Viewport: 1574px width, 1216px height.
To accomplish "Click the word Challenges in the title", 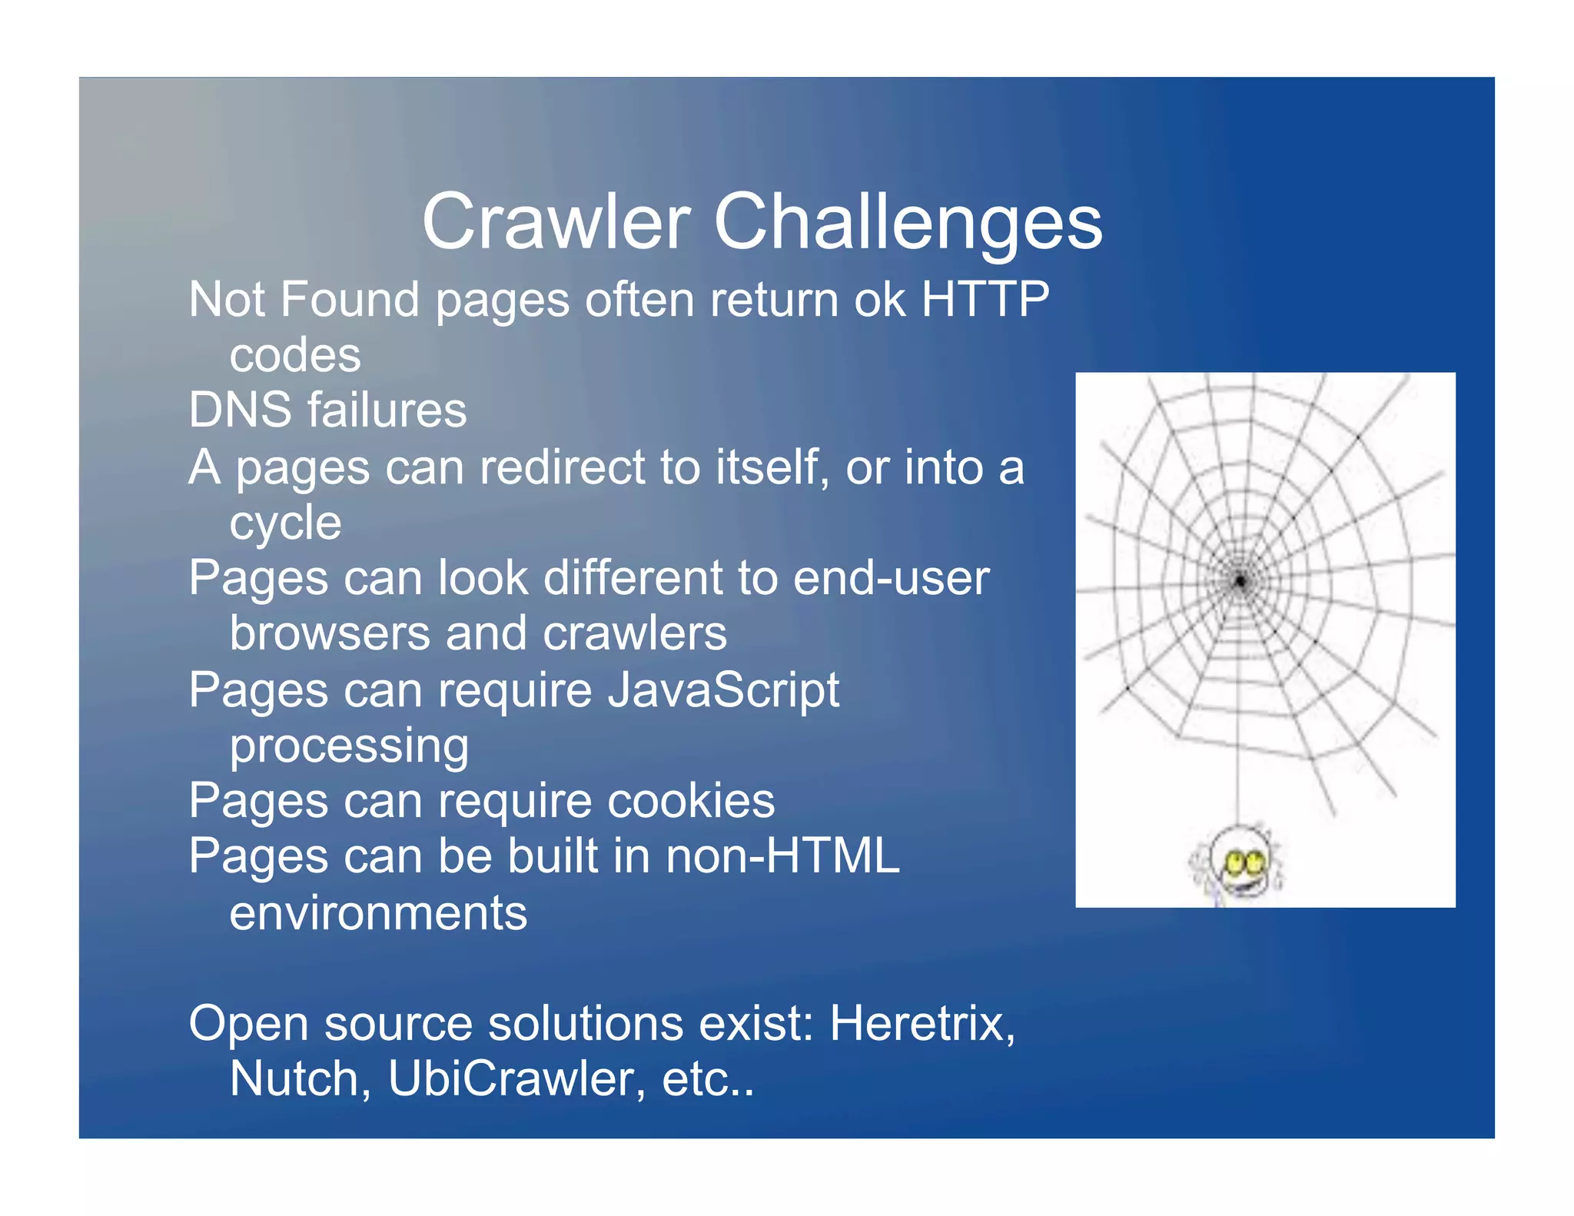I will point(908,222).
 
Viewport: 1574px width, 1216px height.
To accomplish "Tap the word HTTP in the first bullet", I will point(985,299).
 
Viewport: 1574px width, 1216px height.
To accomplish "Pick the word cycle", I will point(285,524).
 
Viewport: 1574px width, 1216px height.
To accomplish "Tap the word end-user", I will point(891,578).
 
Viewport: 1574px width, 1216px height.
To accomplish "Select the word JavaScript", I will point(723,689).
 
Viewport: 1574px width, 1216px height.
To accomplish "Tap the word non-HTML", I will point(782,856).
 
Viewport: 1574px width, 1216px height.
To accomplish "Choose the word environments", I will point(378,913).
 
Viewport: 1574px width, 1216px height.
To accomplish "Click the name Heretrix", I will point(921,1024).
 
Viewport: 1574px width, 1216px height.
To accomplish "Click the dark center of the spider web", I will point(1240,581).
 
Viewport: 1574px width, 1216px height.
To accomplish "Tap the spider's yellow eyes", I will point(1246,862).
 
